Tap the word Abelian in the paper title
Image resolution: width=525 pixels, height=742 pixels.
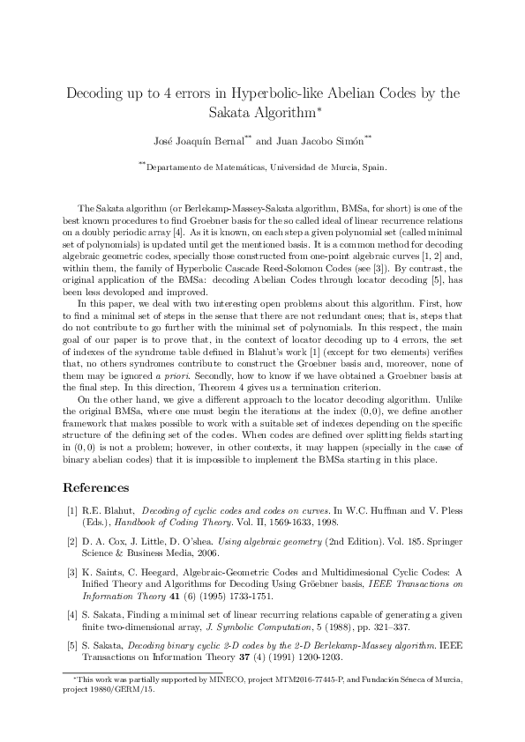click(344, 93)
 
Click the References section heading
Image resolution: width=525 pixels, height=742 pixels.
click(98, 486)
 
